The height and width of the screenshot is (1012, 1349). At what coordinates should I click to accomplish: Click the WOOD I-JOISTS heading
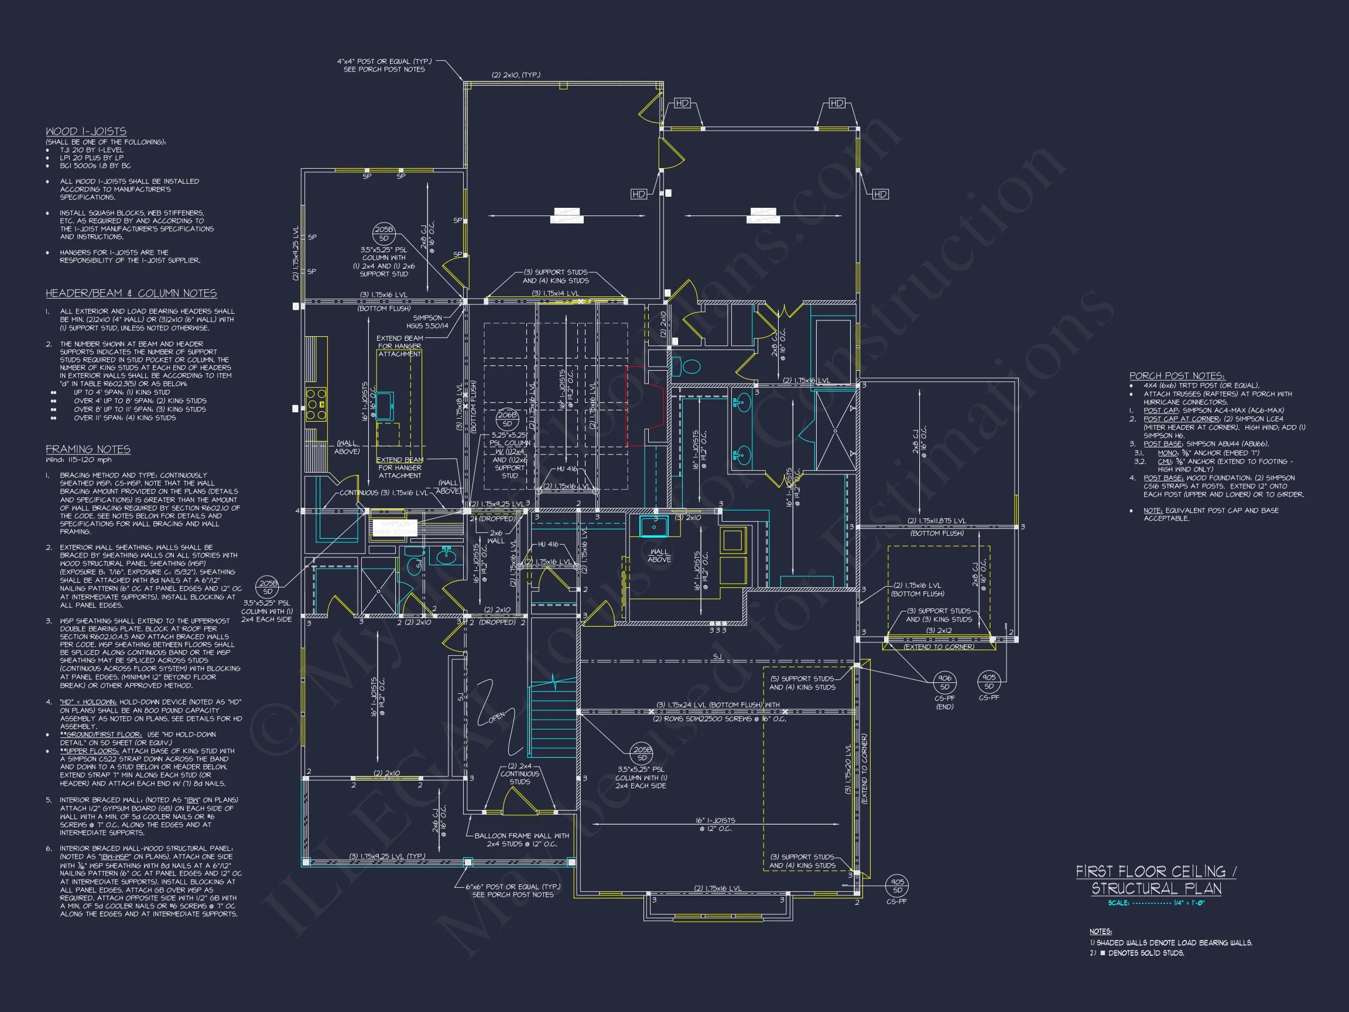(x=86, y=131)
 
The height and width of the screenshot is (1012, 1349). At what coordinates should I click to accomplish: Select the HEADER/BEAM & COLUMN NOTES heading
(x=131, y=293)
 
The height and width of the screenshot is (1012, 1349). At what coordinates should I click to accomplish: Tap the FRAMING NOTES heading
(x=88, y=450)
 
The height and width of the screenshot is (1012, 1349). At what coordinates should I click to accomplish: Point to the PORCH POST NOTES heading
(x=1176, y=376)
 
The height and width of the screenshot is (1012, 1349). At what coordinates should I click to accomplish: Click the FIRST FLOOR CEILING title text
(x=1156, y=871)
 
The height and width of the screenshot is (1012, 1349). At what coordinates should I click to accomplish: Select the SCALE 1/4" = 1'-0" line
(x=1156, y=903)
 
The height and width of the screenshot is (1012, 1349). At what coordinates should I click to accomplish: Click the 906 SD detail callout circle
(x=944, y=682)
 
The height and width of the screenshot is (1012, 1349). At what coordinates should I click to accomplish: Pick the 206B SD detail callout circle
(x=507, y=419)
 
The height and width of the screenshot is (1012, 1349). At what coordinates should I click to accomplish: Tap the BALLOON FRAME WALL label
(x=522, y=839)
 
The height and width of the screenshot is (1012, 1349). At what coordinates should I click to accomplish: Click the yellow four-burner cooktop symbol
(x=316, y=404)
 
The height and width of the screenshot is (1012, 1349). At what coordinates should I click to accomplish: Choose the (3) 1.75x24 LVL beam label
(x=718, y=705)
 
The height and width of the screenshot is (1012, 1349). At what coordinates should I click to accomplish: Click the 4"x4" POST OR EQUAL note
(x=384, y=65)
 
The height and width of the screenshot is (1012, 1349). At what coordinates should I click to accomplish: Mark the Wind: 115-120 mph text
(x=78, y=460)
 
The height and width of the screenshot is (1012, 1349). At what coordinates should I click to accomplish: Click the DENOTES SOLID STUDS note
(x=1141, y=953)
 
